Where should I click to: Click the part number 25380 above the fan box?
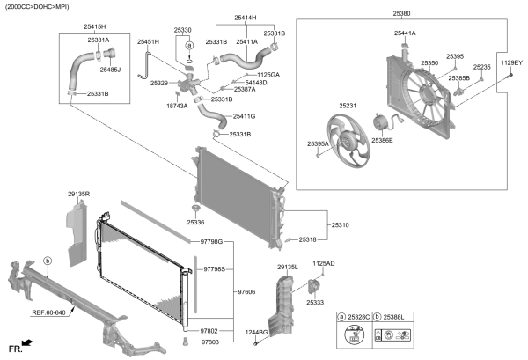click(401, 14)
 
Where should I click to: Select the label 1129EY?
click(511, 63)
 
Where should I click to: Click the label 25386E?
click(382, 140)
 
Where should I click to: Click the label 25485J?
click(110, 70)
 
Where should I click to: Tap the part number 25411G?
click(244, 116)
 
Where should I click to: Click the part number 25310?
click(339, 225)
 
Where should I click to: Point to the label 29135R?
click(78, 193)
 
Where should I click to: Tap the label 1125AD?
click(324, 263)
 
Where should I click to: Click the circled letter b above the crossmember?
click(48, 261)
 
